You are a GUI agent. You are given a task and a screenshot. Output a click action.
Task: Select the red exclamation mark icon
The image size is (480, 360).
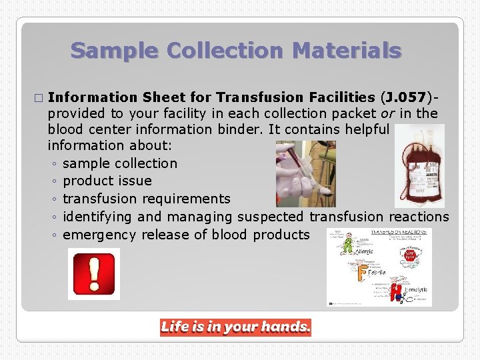(x=94, y=273)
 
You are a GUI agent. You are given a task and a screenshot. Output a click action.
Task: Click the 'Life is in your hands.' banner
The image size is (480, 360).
(x=235, y=327)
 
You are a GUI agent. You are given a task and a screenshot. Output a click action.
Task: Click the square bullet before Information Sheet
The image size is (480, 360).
(x=38, y=98)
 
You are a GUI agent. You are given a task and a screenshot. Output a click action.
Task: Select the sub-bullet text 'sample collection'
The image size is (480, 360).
(x=120, y=163)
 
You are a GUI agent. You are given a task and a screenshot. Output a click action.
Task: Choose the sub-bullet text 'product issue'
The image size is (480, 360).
(x=107, y=181)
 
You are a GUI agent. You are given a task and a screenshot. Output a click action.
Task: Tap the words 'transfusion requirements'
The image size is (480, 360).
(x=147, y=199)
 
